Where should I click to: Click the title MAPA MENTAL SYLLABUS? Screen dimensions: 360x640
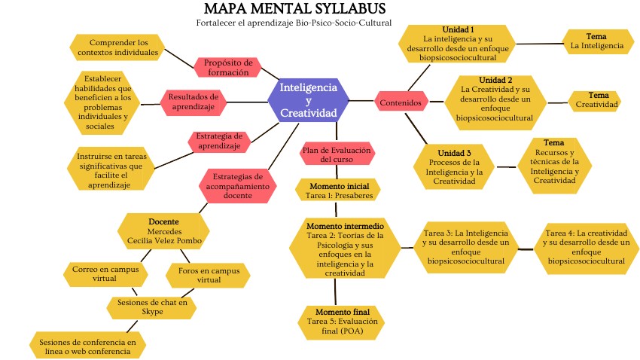point(295,9)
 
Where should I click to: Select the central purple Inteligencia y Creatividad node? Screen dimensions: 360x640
point(309,100)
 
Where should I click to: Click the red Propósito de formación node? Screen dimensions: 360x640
point(227,67)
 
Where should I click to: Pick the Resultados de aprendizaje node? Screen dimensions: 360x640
point(194,101)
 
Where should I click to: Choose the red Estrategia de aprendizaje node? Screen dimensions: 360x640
point(218,140)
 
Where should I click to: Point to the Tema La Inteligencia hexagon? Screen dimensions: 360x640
point(597,41)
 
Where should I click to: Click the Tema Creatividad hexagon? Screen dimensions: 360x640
point(598,99)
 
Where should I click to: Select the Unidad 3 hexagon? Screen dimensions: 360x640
point(454,166)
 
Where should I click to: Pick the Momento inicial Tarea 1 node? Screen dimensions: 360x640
point(337,191)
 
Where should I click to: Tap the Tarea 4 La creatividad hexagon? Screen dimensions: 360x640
point(587,247)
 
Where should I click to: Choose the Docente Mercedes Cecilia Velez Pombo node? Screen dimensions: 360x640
point(164,231)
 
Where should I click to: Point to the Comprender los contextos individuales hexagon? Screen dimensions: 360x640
point(114,47)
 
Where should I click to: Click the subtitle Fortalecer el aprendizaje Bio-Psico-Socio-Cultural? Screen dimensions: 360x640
point(294,23)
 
